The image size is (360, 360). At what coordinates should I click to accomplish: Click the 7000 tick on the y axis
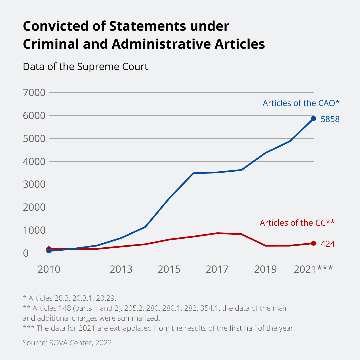point(33,92)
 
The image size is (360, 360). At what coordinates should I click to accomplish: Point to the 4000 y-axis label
point(33,161)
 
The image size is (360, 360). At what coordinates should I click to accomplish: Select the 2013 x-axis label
point(121,269)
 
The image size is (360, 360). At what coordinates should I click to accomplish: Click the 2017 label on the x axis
point(217,269)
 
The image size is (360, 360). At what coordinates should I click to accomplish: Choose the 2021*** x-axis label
point(313,269)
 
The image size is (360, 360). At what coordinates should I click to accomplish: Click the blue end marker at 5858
point(313,119)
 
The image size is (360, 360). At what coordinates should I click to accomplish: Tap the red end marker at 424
point(313,243)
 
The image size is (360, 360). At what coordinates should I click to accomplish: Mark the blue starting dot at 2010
point(49,251)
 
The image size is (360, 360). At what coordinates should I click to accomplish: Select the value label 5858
point(330,119)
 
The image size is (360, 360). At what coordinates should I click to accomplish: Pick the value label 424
point(328,244)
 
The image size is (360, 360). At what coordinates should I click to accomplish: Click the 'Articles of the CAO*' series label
point(301,103)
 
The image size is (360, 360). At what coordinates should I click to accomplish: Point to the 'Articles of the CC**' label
point(297,223)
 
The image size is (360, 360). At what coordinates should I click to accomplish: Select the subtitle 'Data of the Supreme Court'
point(85,67)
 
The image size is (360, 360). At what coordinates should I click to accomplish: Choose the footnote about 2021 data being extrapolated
point(159,328)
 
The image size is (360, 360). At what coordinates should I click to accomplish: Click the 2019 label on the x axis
point(265,269)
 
